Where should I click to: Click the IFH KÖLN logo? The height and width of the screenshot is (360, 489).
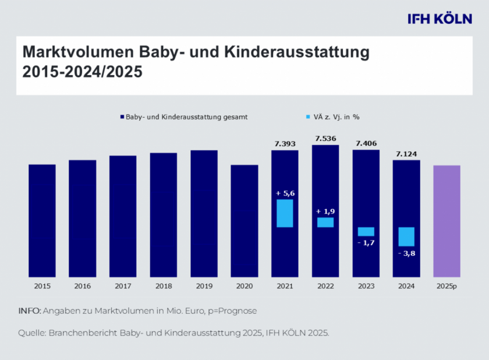click(x=440, y=19)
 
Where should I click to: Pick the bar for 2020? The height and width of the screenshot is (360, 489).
click(x=245, y=221)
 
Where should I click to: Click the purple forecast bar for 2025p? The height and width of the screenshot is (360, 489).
click(x=447, y=221)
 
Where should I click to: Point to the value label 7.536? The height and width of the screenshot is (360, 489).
click(x=325, y=139)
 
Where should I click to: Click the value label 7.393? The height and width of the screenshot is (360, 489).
click(x=285, y=143)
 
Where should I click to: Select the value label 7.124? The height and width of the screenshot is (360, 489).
click(x=406, y=154)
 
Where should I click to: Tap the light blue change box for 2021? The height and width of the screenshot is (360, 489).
click(x=285, y=213)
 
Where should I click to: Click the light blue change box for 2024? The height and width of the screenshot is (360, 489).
click(x=406, y=237)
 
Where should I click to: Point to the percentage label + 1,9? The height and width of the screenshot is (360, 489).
click(x=325, y=211)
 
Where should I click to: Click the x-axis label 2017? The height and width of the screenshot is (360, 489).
click(x=123, y=287)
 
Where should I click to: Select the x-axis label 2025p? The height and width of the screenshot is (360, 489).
click(x=447, y=287)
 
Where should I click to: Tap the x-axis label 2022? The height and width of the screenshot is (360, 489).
click(x=325, y=287)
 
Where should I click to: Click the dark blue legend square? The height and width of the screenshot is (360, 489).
click(x=122, y=117)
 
